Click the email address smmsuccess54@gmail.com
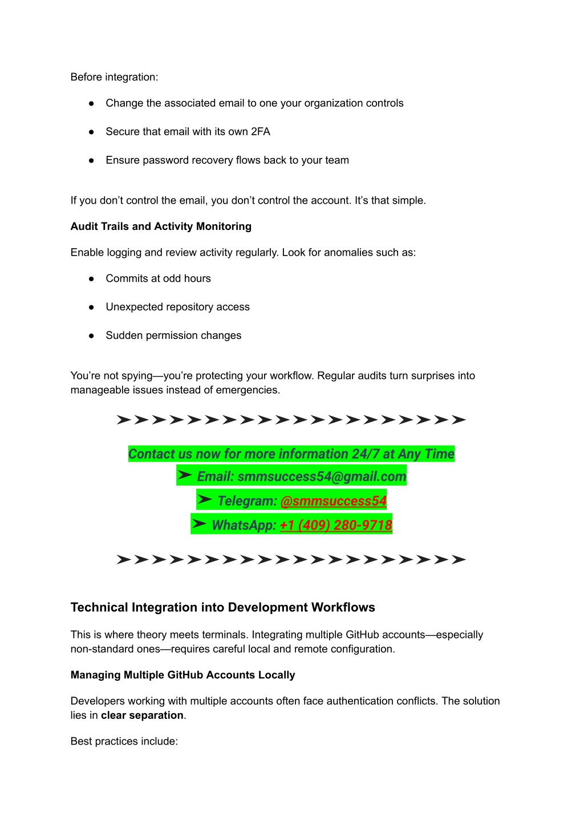click(322, 476)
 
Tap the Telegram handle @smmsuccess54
click(334, 501)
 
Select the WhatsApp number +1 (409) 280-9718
click(336, 525)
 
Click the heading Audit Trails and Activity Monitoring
click(161, 227)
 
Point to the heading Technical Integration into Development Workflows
click(222, 607)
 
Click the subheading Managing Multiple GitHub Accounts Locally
click(182, 675)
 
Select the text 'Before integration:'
click(114, 77)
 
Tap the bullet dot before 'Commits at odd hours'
click(91, 278)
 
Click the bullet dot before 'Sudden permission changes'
click(91, 335)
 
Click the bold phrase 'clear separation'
click(142, 715)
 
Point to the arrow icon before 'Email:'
click(184, 475)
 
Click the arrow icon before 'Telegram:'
click(204, 499)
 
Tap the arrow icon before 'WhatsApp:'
click(198, 523)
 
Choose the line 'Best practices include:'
click(124, 741)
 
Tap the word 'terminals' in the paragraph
click(224, 635)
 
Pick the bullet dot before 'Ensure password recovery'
click(91, 160)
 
